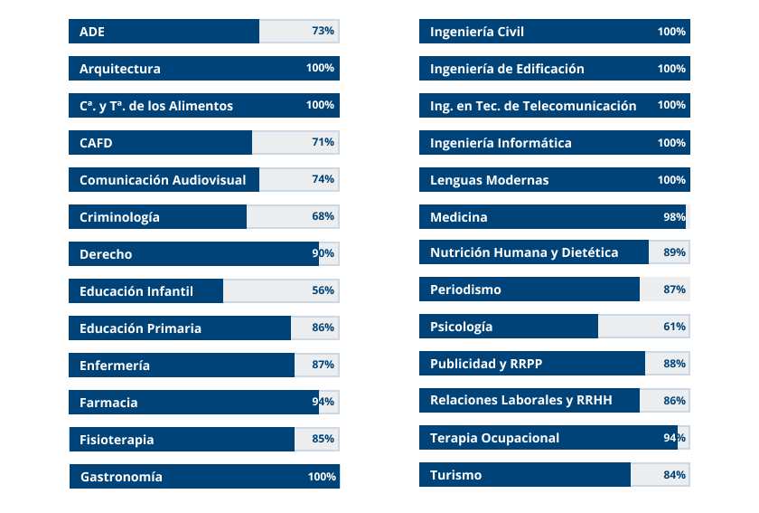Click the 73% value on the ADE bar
click(323, 31)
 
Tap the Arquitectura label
click(120, 69)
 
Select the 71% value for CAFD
click(323, 142)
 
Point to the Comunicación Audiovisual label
click(163, 180)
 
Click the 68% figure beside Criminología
click(323, 216)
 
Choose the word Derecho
click(106, 254)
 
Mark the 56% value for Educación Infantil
click(323, 290)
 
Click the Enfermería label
click(115, 366)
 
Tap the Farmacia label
click(108, 403)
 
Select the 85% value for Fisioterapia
click(323, 439)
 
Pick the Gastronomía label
click(121, 477)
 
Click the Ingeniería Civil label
click(477, 32)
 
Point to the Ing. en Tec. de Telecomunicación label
click(533, 106)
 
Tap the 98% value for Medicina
click(674, 216)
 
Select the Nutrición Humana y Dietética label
click(524, 252)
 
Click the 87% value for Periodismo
click(674, 290)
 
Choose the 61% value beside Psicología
click(674, 327)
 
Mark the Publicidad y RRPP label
click(486, 364)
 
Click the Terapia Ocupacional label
click(494, 438)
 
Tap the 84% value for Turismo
click(674, 475)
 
